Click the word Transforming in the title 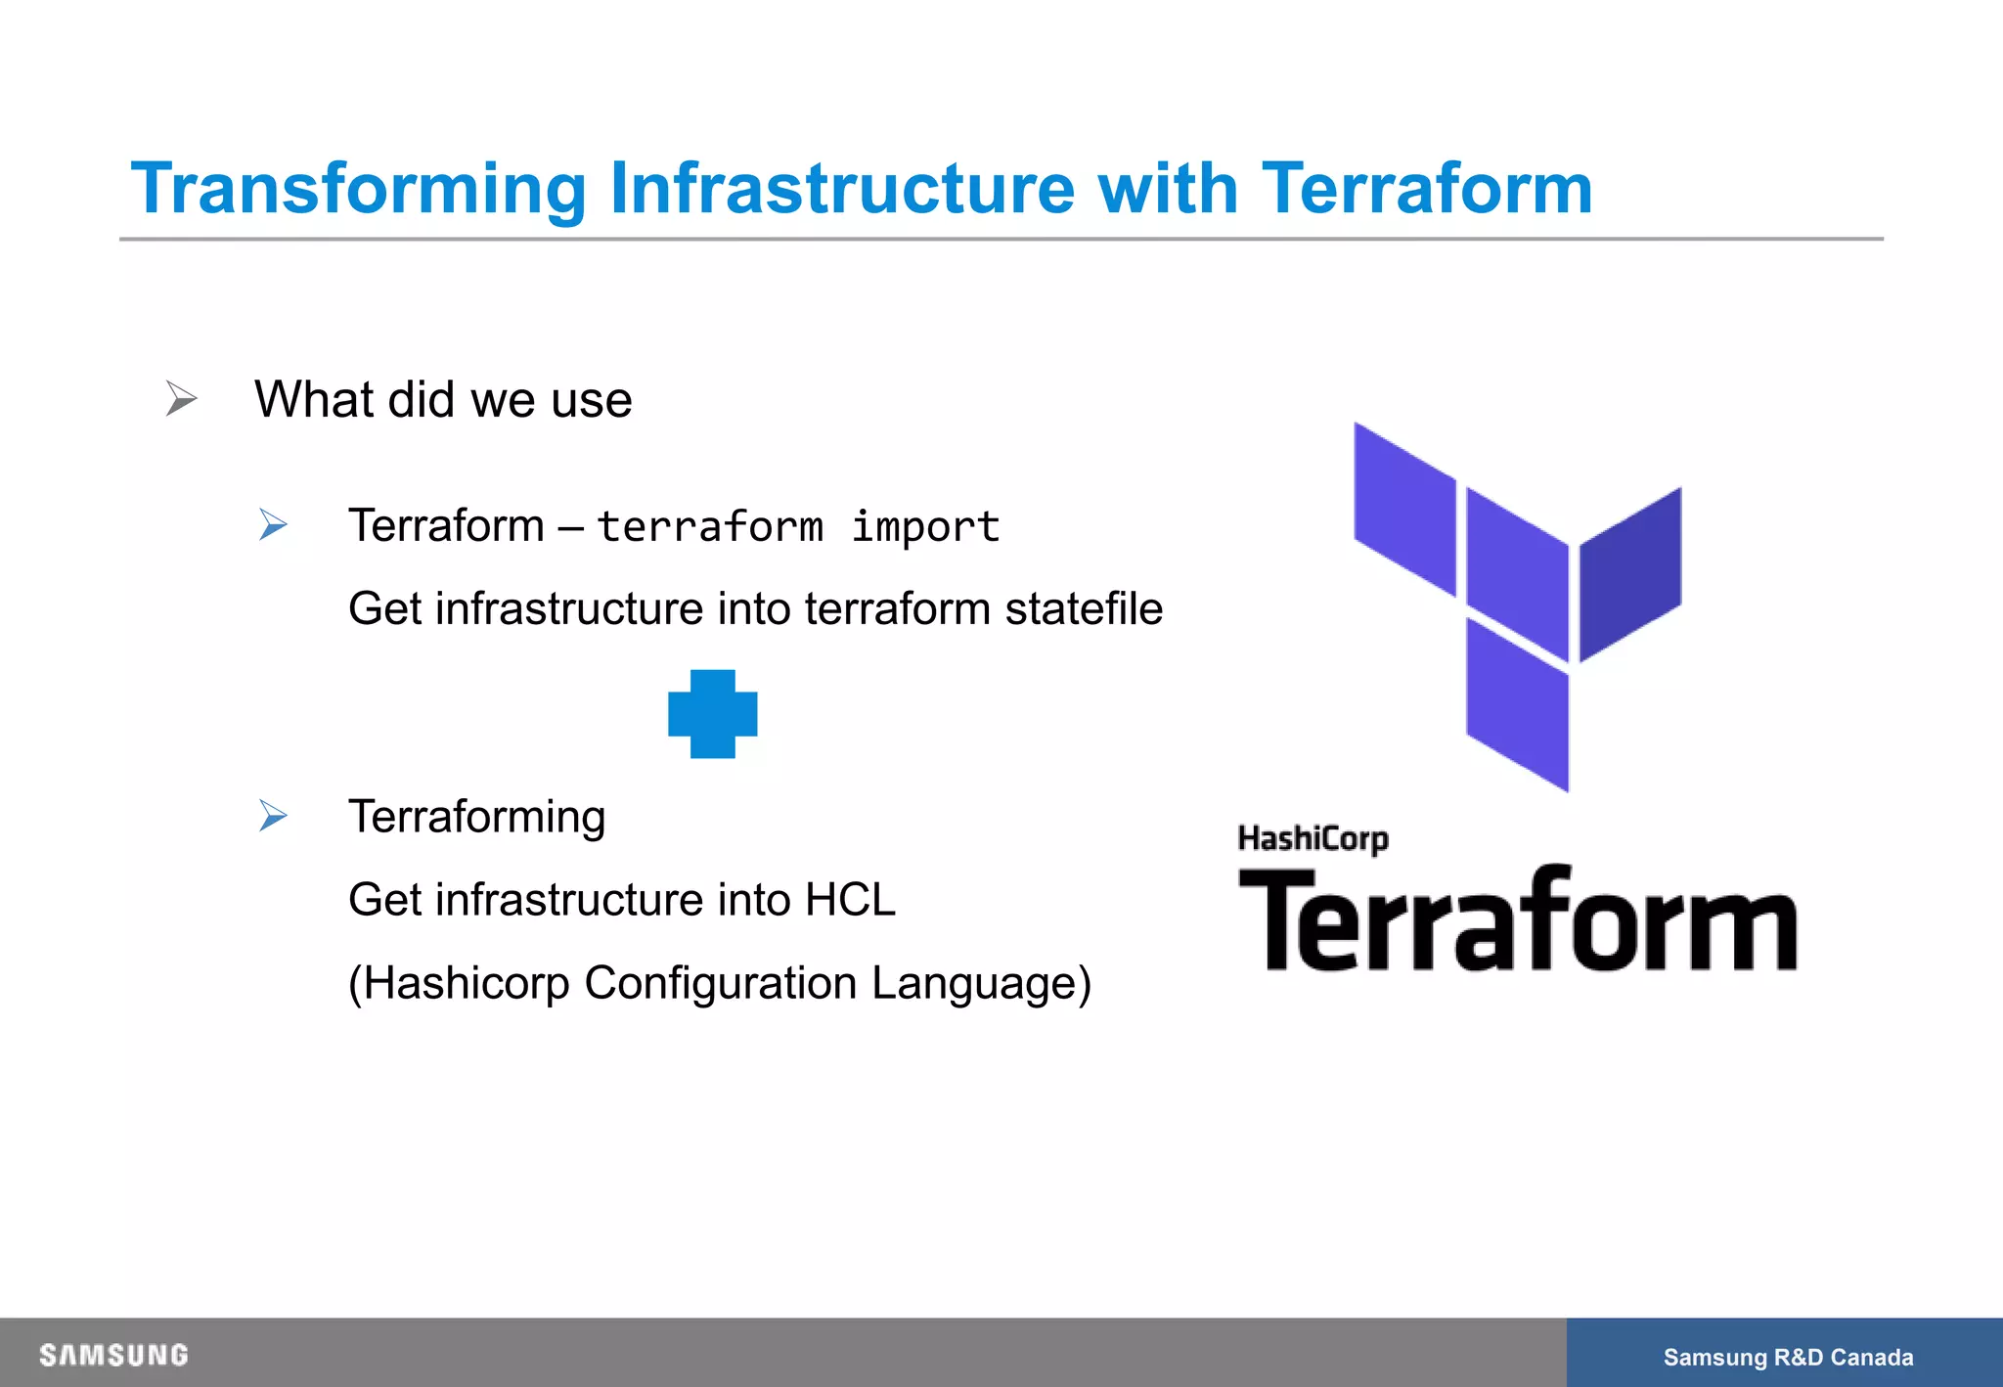point(358,188)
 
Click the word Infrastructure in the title point(841,188)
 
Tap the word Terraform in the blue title point(1427,188)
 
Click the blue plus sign point(712,714)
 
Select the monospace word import point(925,527)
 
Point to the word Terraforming point(477,816)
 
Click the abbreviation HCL point(849,899)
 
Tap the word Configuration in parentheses point(721,982)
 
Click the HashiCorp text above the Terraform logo point(1313,839)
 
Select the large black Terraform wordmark point(1517,920)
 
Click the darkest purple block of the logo point(1629,575)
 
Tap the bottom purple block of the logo point(1517,704)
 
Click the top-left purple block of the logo point(1404,509)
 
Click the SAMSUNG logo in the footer point(113,1355)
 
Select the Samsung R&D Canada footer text point(1788,1357)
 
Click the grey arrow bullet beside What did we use point(181,399)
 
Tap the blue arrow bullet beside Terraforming point(273,816)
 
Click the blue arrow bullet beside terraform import point(273,525)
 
